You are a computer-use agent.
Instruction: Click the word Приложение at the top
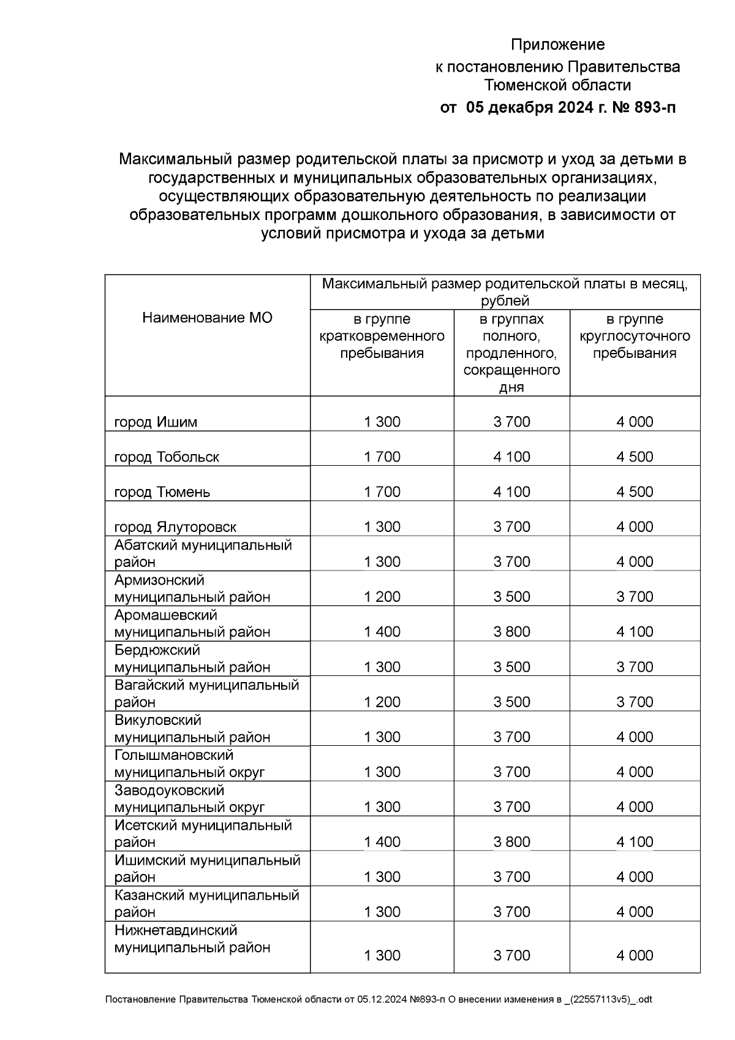557,45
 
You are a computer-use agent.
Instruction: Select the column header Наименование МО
207,317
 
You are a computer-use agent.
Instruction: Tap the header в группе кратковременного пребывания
382,336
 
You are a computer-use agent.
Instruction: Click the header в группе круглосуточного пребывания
635,336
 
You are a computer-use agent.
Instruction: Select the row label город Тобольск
167,457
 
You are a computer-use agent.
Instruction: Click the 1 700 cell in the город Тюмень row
382,492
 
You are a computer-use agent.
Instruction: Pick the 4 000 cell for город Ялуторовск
635,526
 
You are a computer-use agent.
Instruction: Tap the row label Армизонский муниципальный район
192,588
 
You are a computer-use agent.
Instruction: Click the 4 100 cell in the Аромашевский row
635,632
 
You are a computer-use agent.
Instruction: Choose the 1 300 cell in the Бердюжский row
382,667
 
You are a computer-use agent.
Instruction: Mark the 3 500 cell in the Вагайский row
511,702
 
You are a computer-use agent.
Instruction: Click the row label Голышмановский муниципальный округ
189,764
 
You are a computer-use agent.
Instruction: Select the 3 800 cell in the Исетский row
511,842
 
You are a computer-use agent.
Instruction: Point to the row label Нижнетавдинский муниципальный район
192,939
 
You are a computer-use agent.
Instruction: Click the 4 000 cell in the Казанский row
635,912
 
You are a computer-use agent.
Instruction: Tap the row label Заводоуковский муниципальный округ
189,799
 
